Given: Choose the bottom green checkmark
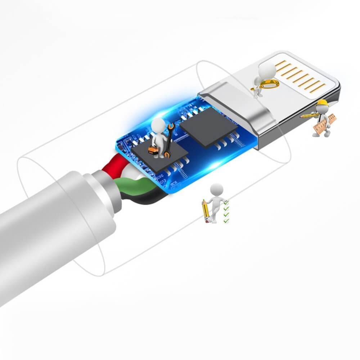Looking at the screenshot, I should click(226, 220).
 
